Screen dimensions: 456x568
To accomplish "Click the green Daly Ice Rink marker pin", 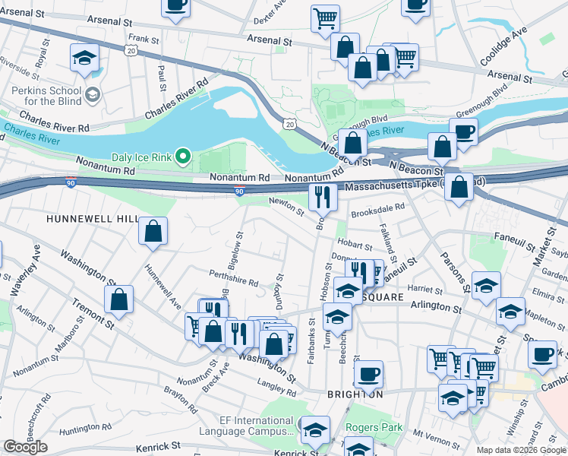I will tap(183, 157).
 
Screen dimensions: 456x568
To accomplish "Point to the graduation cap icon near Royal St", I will tap(85, 58).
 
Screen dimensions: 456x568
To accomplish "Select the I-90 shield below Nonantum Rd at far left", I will tap(69, 184).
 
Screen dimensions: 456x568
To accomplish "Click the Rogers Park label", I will tap(374, 427).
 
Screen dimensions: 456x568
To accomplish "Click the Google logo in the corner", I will tap(25, 447).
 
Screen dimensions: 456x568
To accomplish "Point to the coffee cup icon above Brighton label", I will tap(368, 373).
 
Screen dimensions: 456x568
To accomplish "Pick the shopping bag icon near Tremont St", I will tap(119, 299).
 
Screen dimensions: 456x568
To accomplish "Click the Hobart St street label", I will tap(355, 245).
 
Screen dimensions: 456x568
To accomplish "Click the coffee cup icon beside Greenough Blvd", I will tap(463, 131).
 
